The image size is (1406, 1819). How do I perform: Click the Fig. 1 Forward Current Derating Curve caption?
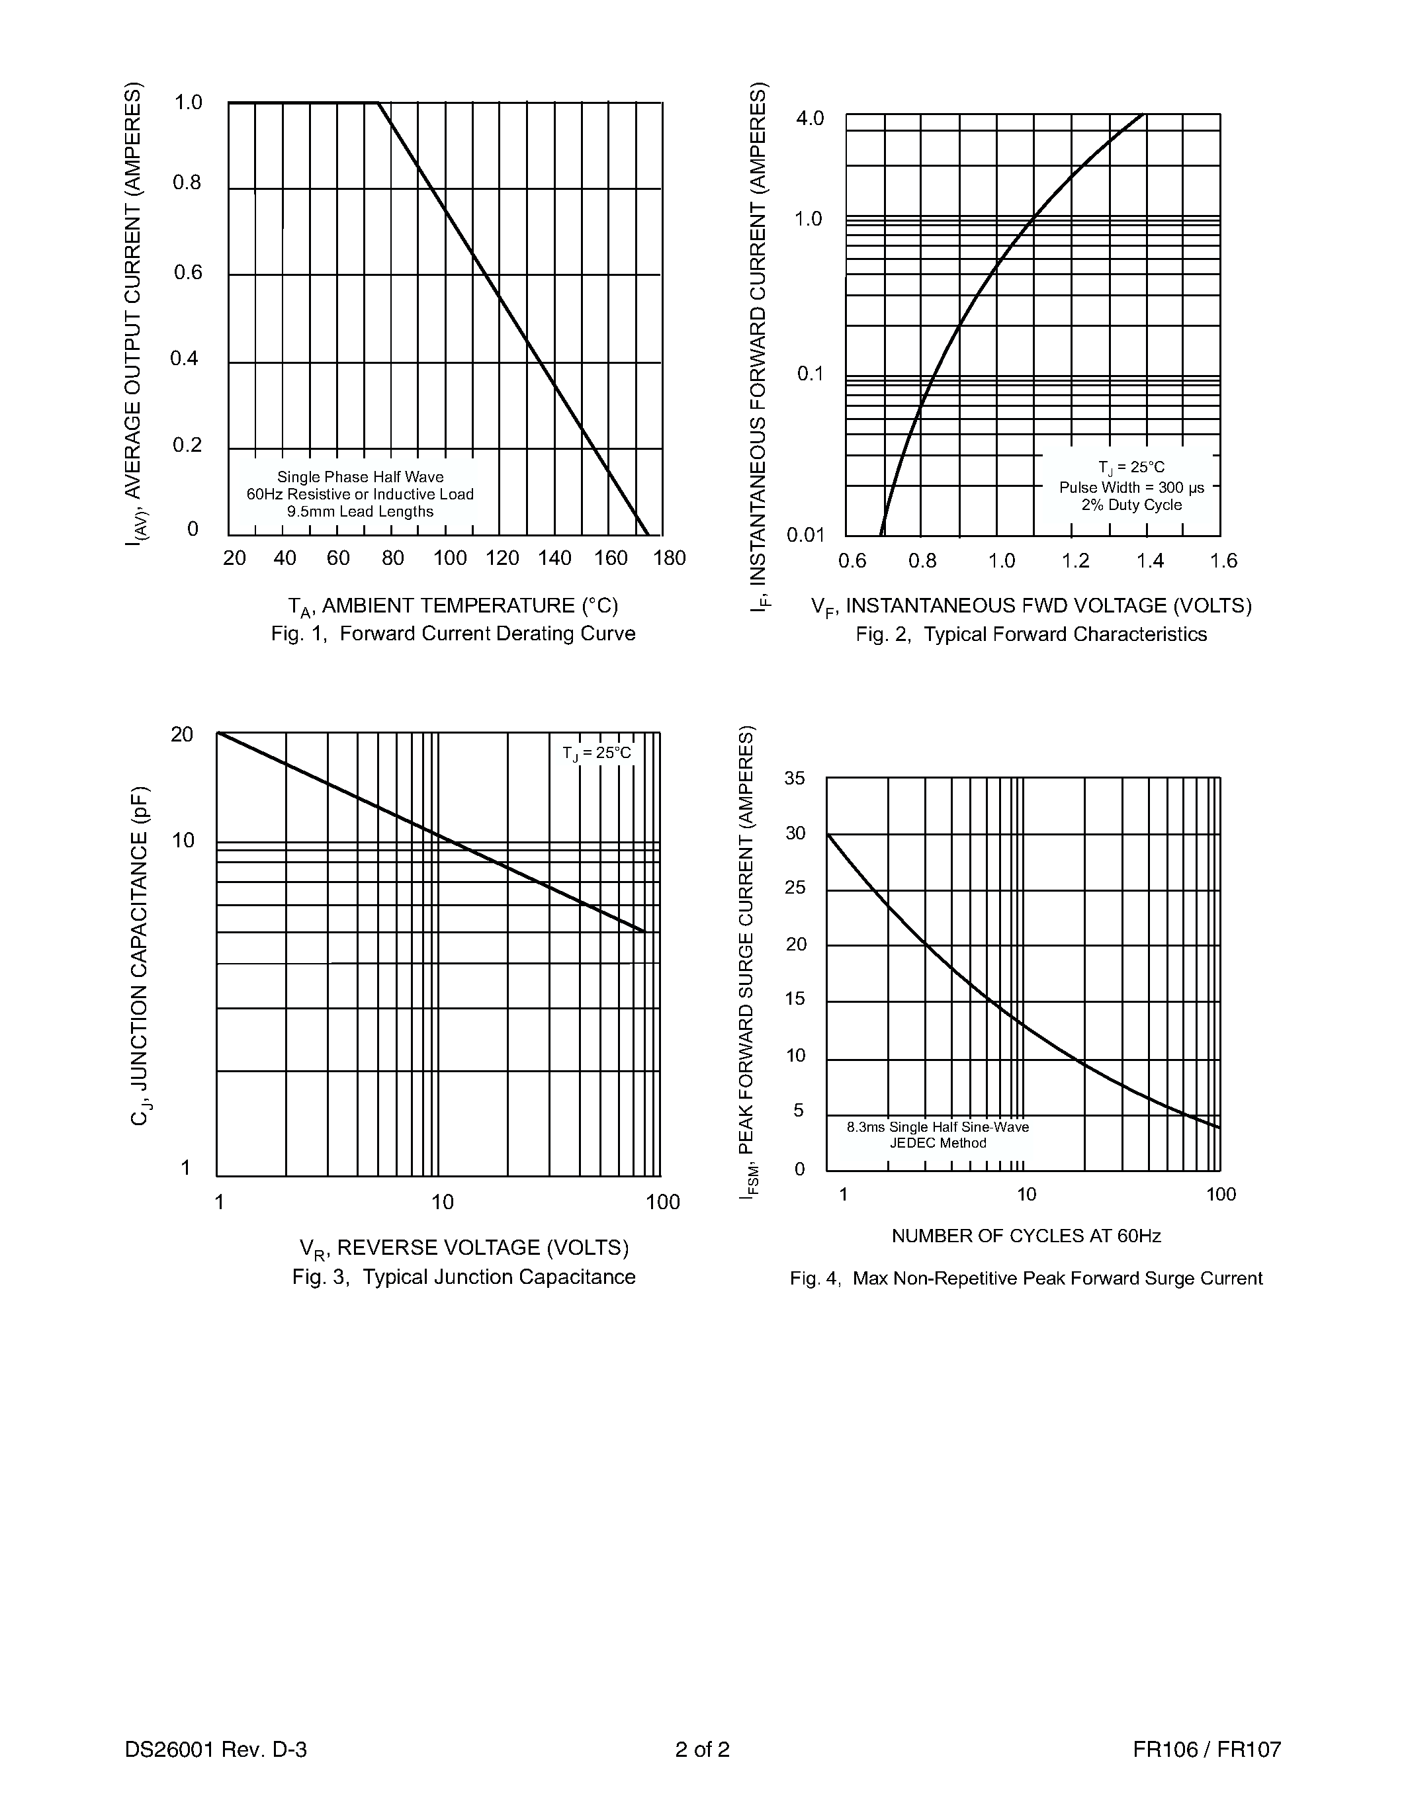click(x=453, y=634)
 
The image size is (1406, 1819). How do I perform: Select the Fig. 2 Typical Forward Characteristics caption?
click(x=1032, y=634)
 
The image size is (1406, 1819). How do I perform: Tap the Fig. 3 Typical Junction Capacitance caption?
click(x=464, y=1277)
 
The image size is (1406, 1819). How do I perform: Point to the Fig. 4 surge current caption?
click(x=1026, y=1278)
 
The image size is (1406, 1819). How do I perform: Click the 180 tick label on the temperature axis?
click(x=670, y=558)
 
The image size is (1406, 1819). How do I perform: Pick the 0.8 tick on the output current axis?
click(x=187, y=183)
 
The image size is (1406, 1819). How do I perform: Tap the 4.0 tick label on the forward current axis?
click(x=810, y=118)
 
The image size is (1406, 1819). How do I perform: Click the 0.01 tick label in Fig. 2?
click(x=805, y=534)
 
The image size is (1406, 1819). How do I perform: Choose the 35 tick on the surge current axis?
click(x=795, y=779)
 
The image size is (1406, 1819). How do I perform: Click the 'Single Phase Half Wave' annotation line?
click(x=361, y=477)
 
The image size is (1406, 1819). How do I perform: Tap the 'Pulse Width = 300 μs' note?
click(x=1132, y=487)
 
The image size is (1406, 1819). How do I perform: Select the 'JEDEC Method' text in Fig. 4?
click(x=938, y=1143)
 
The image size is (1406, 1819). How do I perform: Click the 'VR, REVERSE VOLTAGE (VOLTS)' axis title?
click(x=464, y=1248)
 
